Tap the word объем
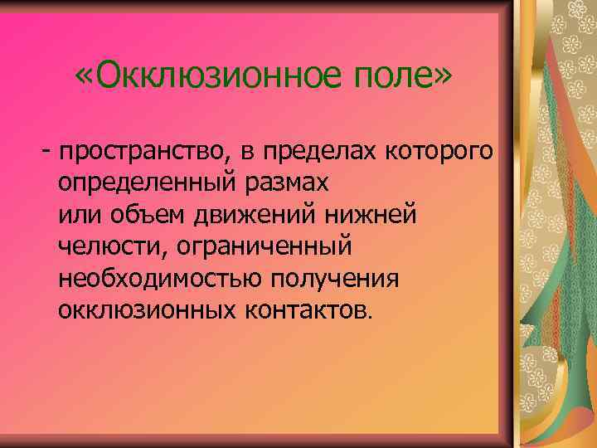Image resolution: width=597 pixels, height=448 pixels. click(x=147, y=214)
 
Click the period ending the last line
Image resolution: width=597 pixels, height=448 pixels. click(x=371, y=315)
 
